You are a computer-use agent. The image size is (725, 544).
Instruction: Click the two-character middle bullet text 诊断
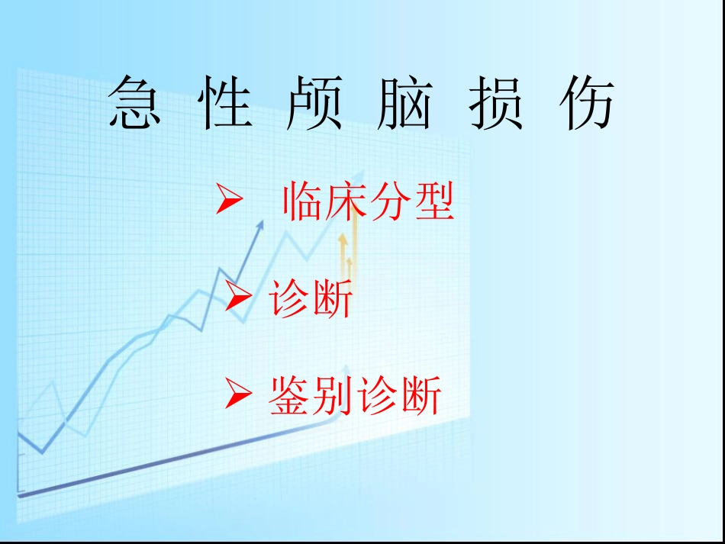pyautogui.click(x=311, y=299)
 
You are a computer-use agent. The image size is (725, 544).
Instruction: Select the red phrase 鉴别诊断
pyautogui.click(x=355, y=397)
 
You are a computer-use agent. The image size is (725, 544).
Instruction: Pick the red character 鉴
pyautogui.click(x=290, y=397)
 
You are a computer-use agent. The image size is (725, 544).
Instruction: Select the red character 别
pyautogui.click(x=333, y=397)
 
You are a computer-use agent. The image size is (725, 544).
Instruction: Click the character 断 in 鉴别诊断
pyautogui.click(x=420, y=397)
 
